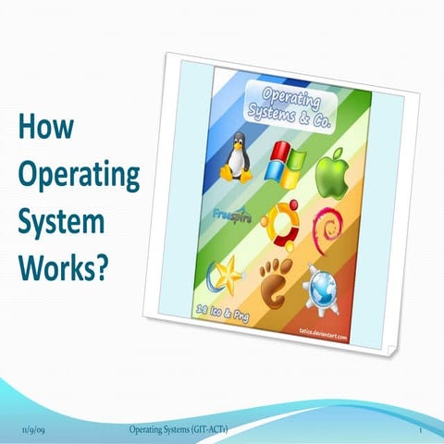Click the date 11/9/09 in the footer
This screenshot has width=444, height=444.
click(32, 432)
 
